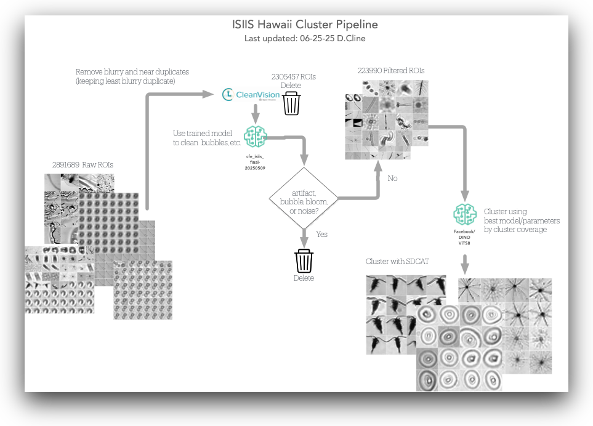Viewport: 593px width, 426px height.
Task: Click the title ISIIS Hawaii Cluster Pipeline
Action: (x=305, y=25)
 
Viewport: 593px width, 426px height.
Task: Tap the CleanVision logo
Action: (x=251, y=95)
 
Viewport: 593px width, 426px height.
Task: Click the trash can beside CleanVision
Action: (x=291, y=103)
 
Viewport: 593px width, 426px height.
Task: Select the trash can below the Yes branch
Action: (x=304, y=260)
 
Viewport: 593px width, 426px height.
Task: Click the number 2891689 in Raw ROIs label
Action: (x=67, y=165)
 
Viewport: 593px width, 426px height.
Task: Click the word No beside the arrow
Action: (x=393, y=179)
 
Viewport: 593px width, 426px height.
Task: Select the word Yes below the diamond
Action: (x=321, y=235)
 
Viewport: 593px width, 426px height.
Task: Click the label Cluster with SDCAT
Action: (x=397, y=262)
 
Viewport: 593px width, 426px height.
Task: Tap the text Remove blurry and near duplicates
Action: (x=132, y=72)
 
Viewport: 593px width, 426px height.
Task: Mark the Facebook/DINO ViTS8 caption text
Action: (x=464, y=237)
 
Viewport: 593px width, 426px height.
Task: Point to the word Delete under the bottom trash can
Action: (x=304, y=278)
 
